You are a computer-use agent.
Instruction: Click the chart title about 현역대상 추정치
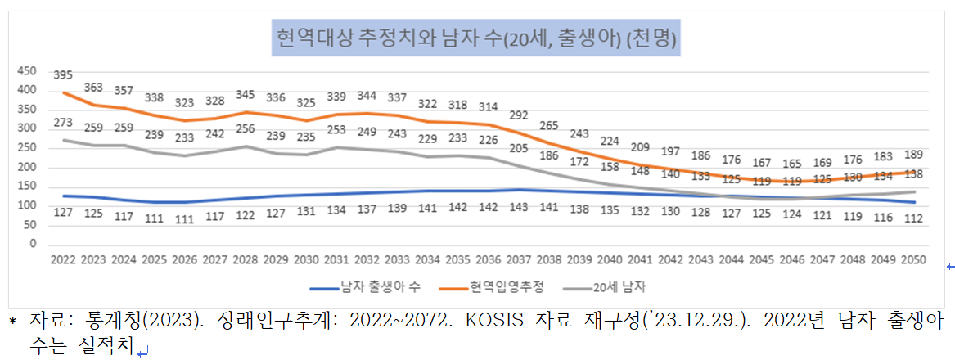(476, 38)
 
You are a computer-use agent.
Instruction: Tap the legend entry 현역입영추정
(506, 286)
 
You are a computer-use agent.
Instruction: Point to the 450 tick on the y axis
(26, 70)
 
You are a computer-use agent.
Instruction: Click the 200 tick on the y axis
(26, 167)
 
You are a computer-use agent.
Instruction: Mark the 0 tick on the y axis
(33, 244)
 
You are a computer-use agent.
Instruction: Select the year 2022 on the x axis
(62, 259)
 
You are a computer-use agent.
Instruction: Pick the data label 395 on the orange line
(63, 75)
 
